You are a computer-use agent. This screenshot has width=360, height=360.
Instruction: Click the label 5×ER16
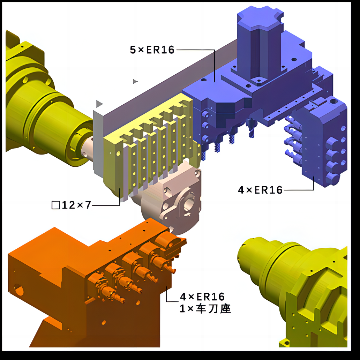coord(152,50)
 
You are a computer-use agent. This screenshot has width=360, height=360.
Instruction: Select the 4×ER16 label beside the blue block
coord(260,190)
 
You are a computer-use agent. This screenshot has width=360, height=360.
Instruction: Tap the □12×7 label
coord(72,205)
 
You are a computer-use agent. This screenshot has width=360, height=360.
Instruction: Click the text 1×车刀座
coord(205,309)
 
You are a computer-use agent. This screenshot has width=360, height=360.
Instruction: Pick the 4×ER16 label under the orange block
coord(202,297)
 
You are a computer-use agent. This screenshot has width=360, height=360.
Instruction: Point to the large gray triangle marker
coord(99,104)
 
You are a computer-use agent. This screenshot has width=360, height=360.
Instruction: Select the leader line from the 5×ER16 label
coord(195,50)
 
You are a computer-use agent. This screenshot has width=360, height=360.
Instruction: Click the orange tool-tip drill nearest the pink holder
coord(171,269)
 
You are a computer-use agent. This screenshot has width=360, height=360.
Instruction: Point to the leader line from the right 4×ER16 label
coord(300,190)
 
